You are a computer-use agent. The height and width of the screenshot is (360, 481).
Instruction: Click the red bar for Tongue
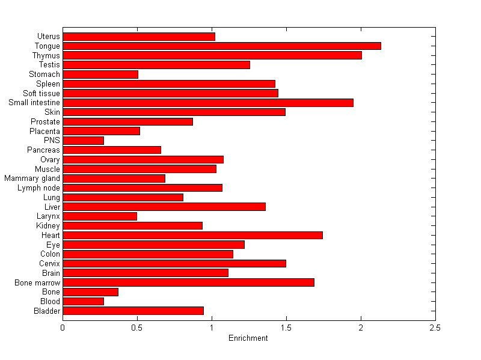221,46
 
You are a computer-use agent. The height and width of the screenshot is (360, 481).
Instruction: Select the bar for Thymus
212,55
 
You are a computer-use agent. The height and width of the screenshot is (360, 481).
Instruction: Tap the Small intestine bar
207,103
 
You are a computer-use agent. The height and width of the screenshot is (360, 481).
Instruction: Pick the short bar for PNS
83,141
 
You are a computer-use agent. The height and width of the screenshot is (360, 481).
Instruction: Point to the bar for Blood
83,301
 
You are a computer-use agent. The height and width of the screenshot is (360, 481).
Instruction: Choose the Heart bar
192,235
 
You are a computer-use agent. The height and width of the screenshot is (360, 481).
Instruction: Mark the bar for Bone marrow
188,282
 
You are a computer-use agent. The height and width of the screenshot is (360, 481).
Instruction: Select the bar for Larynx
100,216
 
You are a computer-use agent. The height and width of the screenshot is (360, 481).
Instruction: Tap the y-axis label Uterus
48,37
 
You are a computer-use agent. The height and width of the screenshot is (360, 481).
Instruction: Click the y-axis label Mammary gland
32,178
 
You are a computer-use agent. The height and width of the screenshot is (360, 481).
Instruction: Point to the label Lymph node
38,188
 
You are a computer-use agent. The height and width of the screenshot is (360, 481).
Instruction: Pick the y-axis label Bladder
47,311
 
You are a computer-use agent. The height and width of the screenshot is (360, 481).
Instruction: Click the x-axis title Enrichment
248,338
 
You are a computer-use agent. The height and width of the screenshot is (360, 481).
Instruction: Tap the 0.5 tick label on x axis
137,328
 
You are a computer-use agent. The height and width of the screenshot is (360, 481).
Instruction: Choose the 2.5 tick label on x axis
435,328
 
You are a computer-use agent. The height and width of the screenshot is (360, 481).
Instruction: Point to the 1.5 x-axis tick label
286,328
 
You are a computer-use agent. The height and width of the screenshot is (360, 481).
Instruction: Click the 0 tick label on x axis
63,328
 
